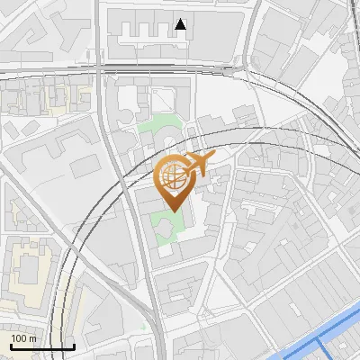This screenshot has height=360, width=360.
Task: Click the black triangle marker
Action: (181, 24)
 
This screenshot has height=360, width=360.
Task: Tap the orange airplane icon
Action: (197, 163)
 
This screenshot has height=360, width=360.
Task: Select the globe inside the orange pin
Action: (171, 178)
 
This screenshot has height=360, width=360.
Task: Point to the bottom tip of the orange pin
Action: (171, 211)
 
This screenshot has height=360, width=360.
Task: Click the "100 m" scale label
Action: (23, 338)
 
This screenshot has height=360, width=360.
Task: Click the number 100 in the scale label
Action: (19, 338)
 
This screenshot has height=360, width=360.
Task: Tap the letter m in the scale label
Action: (32, 338)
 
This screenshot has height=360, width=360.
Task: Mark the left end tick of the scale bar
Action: (10, 345)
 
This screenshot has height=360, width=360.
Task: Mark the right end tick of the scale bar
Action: (74, 345)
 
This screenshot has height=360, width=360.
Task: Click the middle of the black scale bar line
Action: (41, 346)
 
